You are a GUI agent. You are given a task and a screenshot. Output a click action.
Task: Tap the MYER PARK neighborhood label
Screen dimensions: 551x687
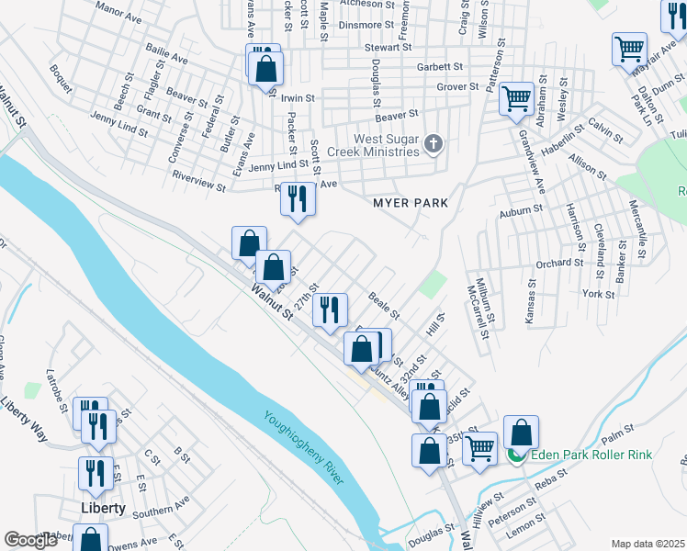[x=409, y=202]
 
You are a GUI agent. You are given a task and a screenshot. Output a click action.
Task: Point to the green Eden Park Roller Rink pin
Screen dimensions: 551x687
[x=517, y=454]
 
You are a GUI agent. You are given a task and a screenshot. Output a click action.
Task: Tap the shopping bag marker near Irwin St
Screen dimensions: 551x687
[x=265, y=68]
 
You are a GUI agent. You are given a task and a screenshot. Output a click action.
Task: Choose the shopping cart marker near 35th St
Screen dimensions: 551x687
[x=480, y=449]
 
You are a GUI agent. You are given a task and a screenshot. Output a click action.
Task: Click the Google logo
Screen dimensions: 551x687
[x=30, y=540]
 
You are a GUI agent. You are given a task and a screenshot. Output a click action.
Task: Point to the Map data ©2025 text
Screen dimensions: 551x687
[x=648, y=544]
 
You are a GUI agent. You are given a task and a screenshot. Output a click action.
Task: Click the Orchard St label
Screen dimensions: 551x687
[x=559, y=263]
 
